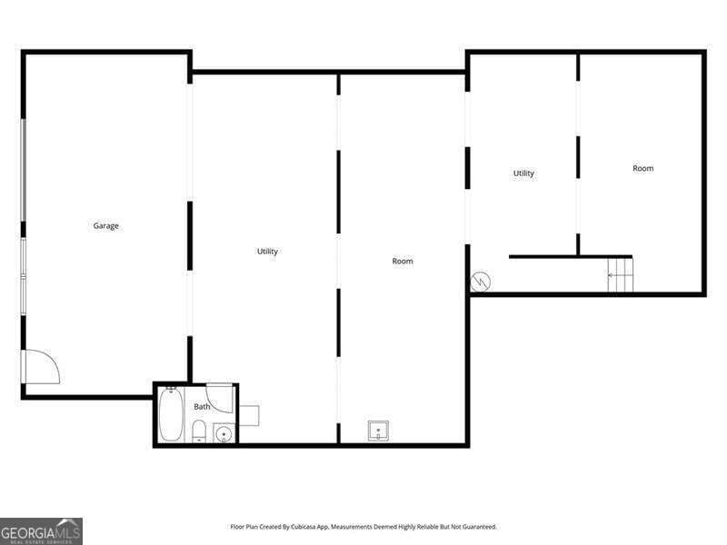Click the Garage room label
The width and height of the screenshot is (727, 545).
[x=105, y=225]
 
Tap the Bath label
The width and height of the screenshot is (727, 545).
[x=202, y=406]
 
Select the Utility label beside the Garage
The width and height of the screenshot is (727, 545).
[x=267, y=252]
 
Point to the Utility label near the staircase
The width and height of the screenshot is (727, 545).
[x=523, y=173]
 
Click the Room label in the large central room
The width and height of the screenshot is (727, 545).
[x=403, y=261]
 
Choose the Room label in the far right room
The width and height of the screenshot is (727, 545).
[x=643, y=168]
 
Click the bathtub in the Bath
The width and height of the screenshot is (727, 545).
[x=170, y=414]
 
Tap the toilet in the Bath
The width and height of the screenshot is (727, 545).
[x=199, y=431]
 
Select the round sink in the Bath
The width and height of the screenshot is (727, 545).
[x=224, y=433]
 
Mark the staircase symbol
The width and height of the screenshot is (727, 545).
[x=621, y=275]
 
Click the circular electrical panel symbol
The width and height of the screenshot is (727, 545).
[x=481, y=282]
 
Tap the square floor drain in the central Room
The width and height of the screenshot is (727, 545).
[x=378, y=431]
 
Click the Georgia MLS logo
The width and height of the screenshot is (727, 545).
[x=41, y=531]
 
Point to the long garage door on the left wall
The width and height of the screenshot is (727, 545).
[x=23, y=170]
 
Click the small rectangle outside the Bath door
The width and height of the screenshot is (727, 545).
[x=249, y=416]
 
